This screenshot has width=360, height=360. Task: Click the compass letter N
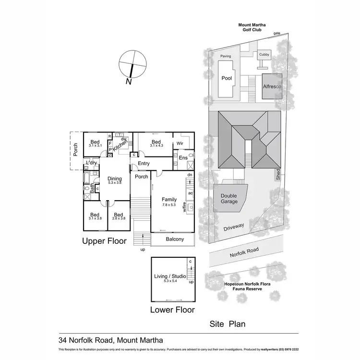[x=128, y=82]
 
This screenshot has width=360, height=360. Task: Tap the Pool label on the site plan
[x=227, y=78]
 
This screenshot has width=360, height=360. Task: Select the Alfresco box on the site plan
[x=272, y=86]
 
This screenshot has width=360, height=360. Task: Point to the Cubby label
[x=264, y=55]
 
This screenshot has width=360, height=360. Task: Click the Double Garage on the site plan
[x=229, y=198]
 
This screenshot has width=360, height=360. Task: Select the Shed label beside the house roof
[x=278, y=175]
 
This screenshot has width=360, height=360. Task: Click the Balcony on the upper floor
[x=172, y=239]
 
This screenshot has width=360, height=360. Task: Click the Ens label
[x=183, y=158]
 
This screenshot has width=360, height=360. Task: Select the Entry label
[x=144, y=164]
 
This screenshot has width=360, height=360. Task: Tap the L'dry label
[x=92, y=164]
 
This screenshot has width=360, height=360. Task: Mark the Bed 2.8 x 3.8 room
[x=118, y=216]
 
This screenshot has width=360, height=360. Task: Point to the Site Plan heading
[x=228, y=324]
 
